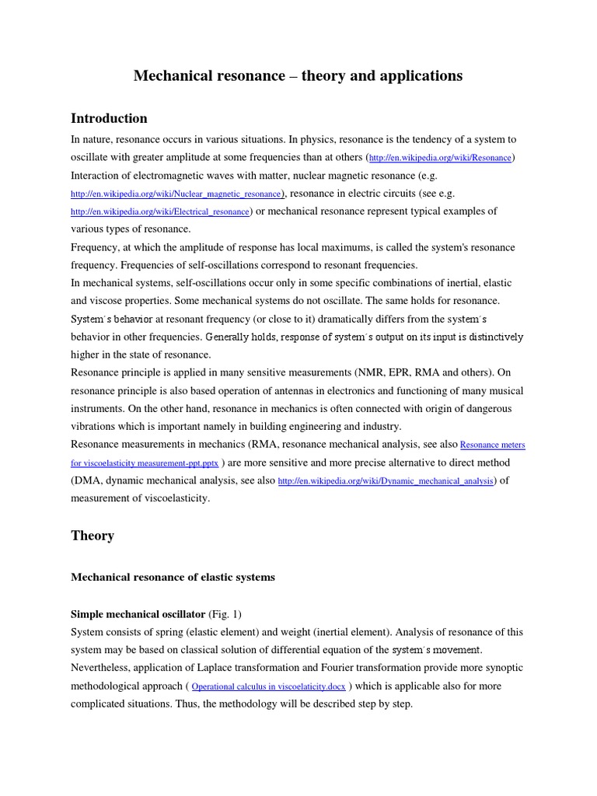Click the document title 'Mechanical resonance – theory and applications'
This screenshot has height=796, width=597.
coord(298,75)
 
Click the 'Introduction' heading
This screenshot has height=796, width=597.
coord(109,118)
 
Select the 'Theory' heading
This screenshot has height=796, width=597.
coord(93,536)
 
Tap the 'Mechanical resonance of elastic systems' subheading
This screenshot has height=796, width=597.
coord(173,578)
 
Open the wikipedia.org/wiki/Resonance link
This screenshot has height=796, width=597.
coord(440,158)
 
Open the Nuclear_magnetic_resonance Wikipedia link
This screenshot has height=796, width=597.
coord(177,194)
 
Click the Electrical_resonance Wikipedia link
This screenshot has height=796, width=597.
coord(160,211)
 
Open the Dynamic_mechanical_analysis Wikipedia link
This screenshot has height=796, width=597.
coord(386,481)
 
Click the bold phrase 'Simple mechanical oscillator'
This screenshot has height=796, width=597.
coord(138,614)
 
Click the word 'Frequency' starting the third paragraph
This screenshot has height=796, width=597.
coord(96,247)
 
